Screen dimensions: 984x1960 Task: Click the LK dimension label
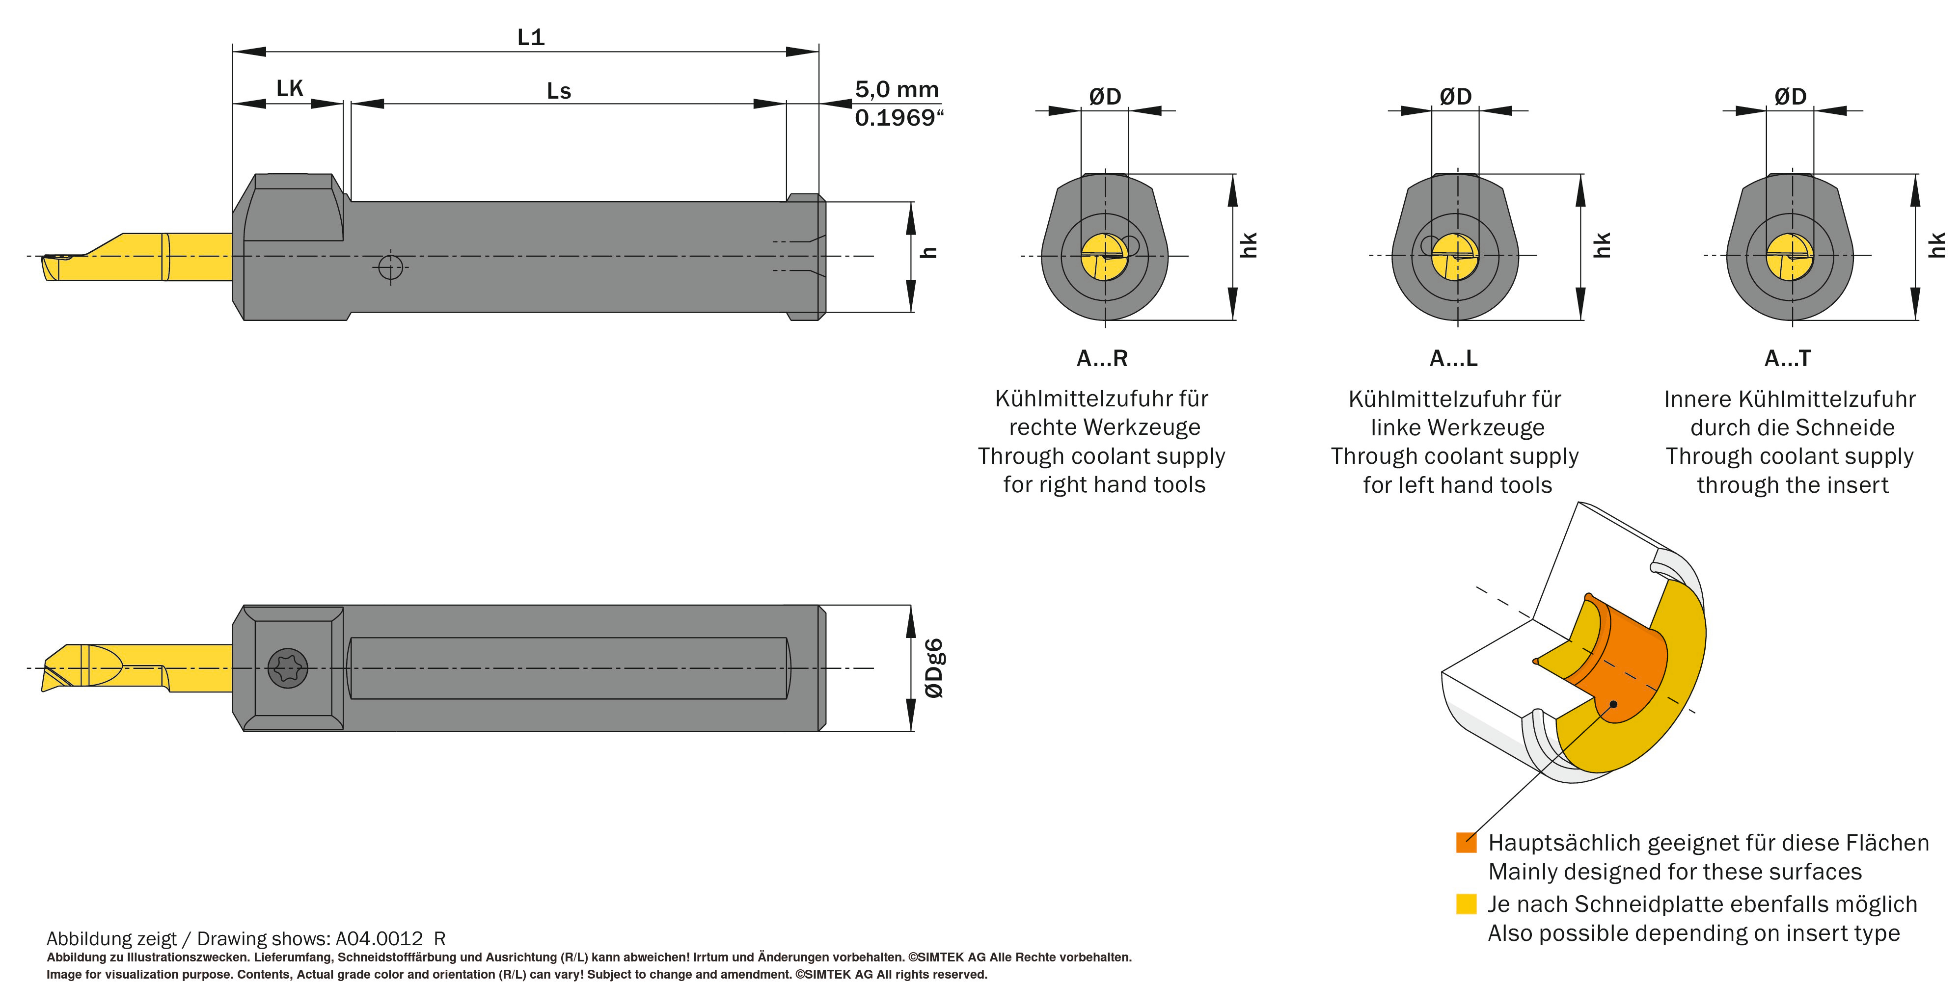[x=289, y=89]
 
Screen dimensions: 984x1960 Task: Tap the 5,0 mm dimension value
[x=897, y=90]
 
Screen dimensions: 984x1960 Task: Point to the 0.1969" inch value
[x=898, y=118]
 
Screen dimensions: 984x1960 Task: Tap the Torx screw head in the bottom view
[x=288, y=668]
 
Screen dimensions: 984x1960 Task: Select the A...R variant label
[x=1102, y=358]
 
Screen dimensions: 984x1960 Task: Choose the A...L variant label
[x=1453, y=358]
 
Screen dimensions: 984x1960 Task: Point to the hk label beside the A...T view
[x=1936, y=245]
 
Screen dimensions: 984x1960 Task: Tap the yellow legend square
[x=1466, y=904]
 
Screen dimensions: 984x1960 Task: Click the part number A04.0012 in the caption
[x=379, y=938]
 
